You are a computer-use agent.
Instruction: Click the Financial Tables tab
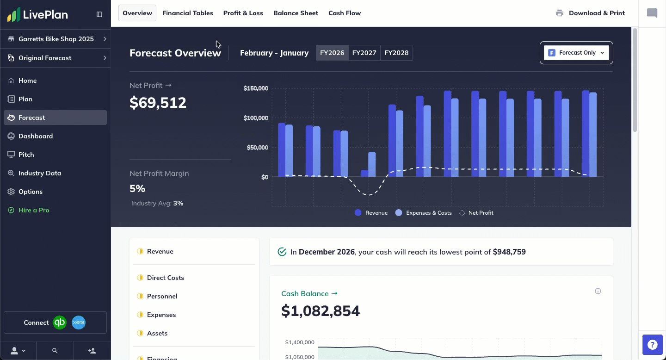pos(187,13)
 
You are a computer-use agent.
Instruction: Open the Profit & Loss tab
pos(243,13)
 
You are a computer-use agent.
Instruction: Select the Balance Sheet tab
pos(296,13)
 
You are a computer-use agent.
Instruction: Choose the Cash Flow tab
pos(345,13)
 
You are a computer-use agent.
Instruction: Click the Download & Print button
pos(590,13)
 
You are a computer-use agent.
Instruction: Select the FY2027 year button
pos(364,53)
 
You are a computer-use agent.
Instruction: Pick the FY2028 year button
pos(396,53)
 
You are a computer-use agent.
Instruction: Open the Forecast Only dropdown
pos(576,53)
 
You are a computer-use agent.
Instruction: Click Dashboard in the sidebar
pos(36,136)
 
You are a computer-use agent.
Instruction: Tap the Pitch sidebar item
pos(26,155)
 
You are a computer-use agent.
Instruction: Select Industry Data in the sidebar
pos(40,173)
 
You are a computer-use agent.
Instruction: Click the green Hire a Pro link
pos(34,210)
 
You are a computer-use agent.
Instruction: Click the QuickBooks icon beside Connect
pos(60,323)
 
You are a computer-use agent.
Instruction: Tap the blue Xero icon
pos(79,323)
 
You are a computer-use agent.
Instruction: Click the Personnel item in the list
pos(162,296)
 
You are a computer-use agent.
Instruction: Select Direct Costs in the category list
pos(165,278)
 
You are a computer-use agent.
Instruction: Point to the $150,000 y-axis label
pos(256,88)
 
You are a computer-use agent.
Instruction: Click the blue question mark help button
pos(652,345)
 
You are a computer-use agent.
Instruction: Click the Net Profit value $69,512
pos(158,103)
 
